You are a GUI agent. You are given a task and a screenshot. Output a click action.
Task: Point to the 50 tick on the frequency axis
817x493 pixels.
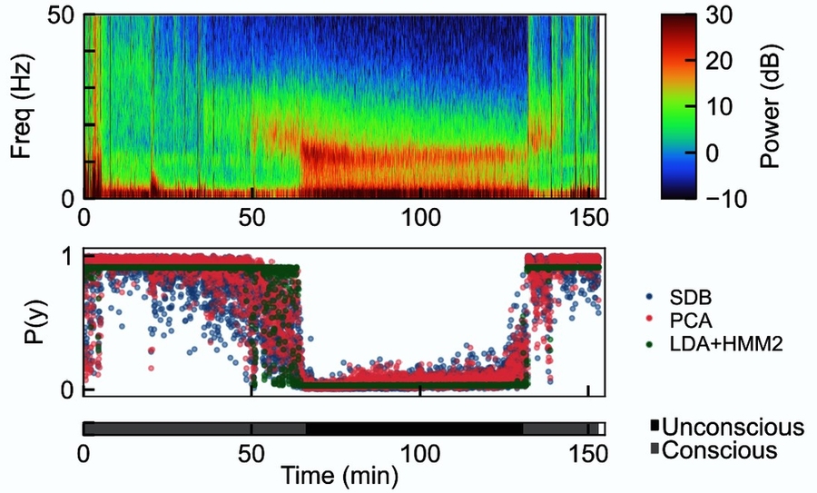click(x=64, y=16)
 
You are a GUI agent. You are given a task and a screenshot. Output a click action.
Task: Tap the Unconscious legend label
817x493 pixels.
click(x=733, y=427)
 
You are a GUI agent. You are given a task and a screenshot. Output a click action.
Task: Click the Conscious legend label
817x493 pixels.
click(x=719, y=450)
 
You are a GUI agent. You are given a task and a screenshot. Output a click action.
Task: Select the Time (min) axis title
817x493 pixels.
click(x=338, y=475)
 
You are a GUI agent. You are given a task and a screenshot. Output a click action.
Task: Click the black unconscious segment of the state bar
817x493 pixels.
click(x=413, y=429)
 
